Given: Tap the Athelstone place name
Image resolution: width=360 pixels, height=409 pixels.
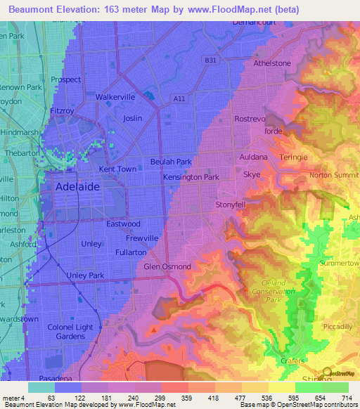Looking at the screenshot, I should pos(271,63).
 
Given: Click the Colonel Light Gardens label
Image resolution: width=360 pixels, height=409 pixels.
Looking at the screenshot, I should pos(70,332).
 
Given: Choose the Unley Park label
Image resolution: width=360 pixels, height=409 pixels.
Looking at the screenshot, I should pos(85,275).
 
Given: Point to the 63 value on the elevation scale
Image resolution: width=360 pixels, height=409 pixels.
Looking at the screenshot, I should pos(53,398).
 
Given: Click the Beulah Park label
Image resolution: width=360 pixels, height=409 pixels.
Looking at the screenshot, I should pos(171,162).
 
